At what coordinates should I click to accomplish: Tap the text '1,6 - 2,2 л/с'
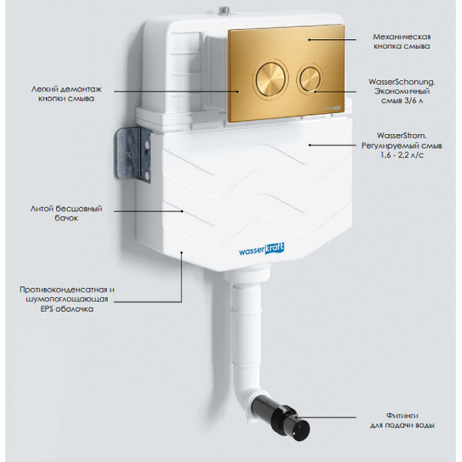pos(400,155)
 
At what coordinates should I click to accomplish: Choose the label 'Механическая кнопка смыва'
pos(400,41)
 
